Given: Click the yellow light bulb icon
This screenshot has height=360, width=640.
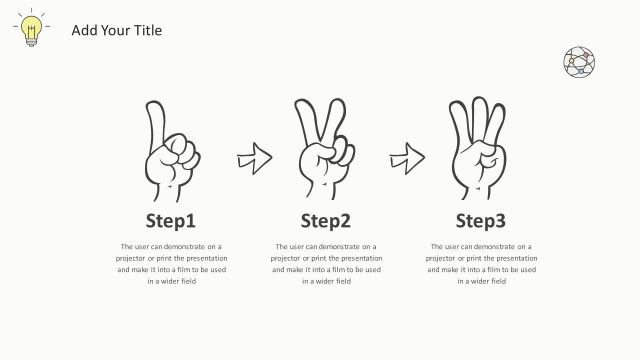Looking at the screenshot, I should pos(31,29).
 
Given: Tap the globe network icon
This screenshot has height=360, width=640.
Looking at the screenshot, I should pos(579,62).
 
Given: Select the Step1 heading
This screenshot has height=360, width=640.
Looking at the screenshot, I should pos(170,221).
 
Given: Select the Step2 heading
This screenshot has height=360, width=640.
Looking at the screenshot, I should pos(325,221).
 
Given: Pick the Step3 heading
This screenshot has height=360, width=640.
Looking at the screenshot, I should pos(480,221).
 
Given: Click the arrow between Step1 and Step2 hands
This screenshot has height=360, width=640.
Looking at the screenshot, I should pos(254,158).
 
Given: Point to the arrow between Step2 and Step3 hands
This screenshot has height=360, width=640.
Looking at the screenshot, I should pos(407,158).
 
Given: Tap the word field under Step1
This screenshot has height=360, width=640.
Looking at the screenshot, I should pos(186,281).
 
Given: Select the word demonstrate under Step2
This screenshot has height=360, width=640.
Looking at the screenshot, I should pos(339,247).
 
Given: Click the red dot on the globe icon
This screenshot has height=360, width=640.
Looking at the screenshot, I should pos(586,55).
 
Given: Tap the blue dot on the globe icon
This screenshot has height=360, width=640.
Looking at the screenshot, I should pos(581,71).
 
